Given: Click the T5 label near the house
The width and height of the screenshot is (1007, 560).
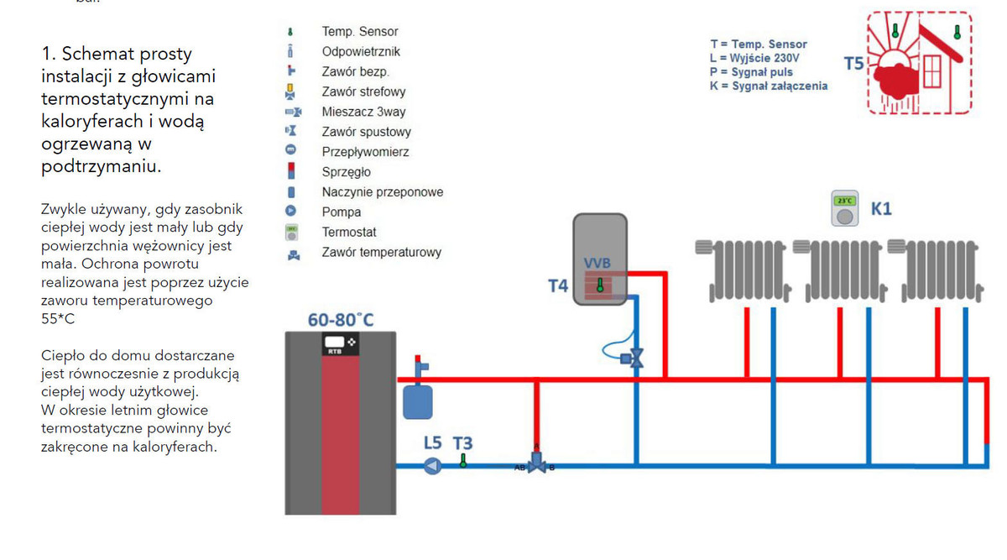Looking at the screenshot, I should [x=853, y=63].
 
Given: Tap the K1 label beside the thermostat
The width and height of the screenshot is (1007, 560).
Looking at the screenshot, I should [x=880, y=208].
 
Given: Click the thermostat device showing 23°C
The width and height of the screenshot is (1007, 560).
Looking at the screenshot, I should [x=845, y=209].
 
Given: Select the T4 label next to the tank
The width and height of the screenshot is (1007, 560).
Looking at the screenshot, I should [x=558, y=286].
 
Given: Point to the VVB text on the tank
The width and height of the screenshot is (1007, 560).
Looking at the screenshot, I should [x=597, y=264].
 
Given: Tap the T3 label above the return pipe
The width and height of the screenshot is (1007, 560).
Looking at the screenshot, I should [x=462, y=442].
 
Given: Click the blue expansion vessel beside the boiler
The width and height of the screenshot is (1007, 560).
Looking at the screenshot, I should [x=417, y=400].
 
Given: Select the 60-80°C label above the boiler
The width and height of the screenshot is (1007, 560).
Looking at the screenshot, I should [x=341, y=320].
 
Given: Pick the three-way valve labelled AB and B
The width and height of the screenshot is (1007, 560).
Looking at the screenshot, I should [x=536, y=464].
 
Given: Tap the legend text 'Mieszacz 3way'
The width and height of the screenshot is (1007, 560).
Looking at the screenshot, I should [x=363, y=112].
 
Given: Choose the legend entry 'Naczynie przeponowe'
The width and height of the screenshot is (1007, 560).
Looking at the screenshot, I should [x=382, y=192].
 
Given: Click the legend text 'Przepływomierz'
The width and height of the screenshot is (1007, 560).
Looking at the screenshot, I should [x=365, y=152].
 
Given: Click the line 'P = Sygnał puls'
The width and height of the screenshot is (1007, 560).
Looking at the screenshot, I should [x=751, y=72].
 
